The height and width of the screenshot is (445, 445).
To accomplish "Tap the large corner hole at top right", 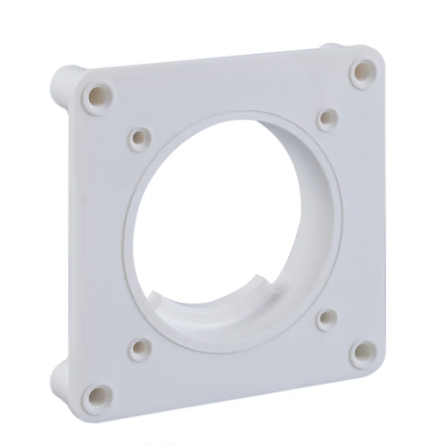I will [x=363, y=70].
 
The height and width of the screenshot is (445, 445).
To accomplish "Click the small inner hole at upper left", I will [x=140, y=138].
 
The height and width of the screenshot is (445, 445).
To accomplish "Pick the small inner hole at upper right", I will [x=327, y=118].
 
